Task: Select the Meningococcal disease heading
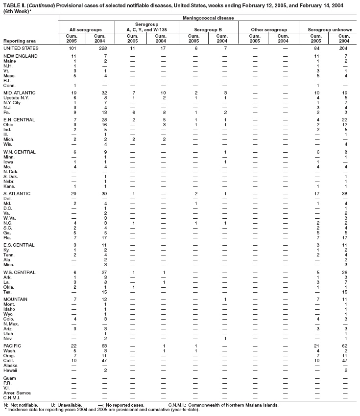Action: (209, 18)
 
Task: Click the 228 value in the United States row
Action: (99, 48)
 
